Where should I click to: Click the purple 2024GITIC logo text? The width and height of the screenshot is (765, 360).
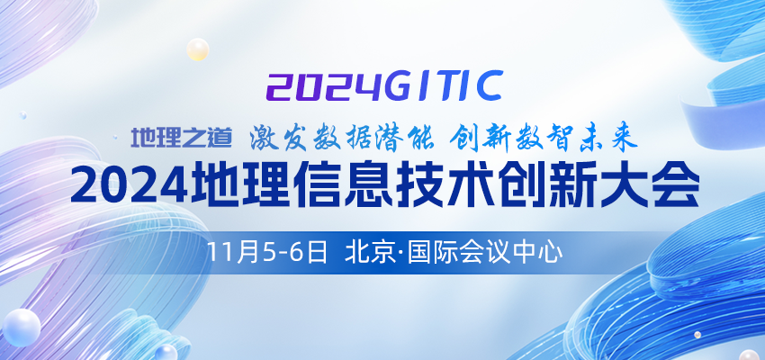[x=384, y=85]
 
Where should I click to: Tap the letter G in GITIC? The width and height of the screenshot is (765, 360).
[x=402, y=85]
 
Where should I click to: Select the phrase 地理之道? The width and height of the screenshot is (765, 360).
[x=181, y=138]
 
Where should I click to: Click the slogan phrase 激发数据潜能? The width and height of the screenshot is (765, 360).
[x=342, y=139]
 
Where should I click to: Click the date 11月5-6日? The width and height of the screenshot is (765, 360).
[x=267, y=253]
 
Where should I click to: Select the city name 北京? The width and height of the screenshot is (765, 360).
[x=369, y=253]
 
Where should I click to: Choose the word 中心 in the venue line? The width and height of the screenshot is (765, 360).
[x=537, y=253]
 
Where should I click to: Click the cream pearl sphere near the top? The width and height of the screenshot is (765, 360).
[x=198, y=49]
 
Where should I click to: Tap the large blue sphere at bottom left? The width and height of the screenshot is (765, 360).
[x=21, y=328]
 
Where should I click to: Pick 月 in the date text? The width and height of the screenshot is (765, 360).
[x=245, y=253]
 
